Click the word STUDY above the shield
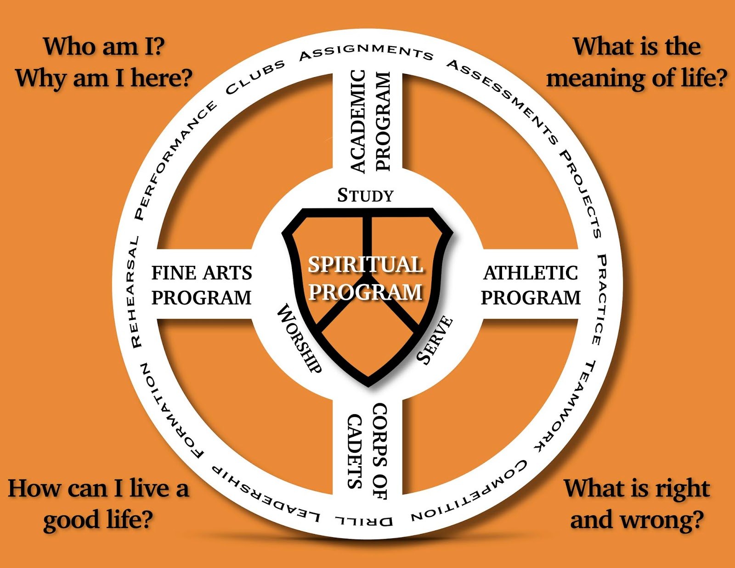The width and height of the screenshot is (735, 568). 366,196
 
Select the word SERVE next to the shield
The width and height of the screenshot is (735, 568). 435,340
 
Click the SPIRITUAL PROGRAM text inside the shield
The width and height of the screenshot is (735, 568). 366,278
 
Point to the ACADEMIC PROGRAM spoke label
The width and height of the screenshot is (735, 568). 370,121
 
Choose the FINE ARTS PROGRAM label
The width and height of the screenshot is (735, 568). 202,285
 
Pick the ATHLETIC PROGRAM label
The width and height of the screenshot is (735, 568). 531,285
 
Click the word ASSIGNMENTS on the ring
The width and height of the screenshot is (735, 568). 366,52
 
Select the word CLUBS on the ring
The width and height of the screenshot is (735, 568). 255,77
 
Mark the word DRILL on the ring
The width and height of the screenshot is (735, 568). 364,521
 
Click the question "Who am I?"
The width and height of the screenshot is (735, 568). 104,47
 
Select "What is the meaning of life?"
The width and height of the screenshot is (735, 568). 637,62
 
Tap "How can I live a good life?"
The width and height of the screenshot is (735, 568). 98,504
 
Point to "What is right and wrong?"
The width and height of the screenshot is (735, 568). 637,504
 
